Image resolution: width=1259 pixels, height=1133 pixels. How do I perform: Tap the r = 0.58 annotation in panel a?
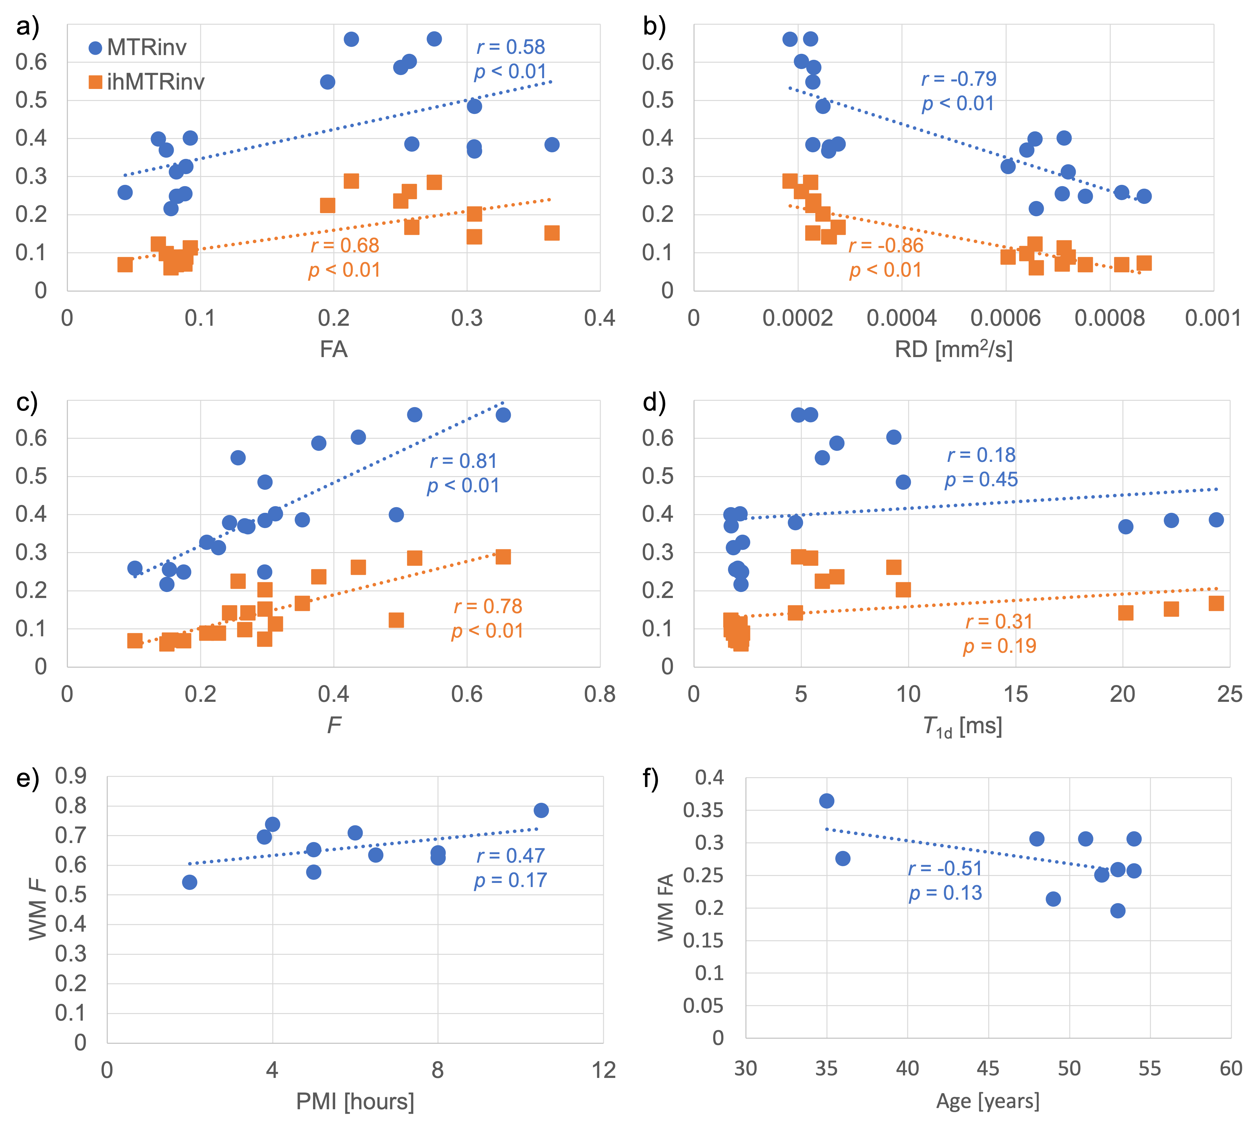[x=510, y=47]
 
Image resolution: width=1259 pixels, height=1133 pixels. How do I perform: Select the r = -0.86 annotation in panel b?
[x=886, y=245]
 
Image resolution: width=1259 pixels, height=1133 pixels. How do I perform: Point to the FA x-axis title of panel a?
[x=334, y=349]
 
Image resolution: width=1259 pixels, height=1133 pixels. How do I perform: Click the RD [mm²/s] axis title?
[x=954, y=349]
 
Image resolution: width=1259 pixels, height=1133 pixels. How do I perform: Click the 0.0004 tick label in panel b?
[x=901, y=318]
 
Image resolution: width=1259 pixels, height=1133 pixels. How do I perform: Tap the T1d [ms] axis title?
[x=962, y=726]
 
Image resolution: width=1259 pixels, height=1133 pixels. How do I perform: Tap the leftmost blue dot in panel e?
[x=190, y=882]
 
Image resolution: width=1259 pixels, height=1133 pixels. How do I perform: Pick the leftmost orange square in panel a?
[x=125, y=265]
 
